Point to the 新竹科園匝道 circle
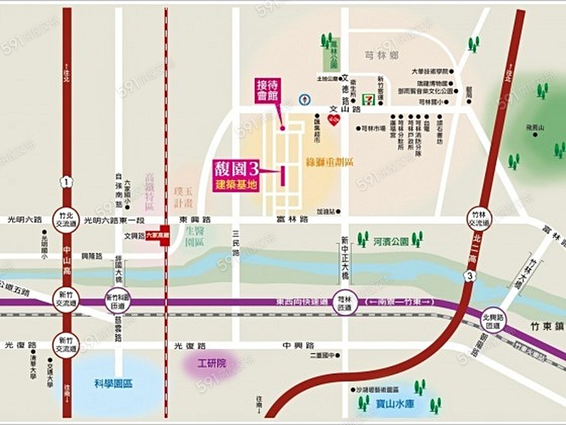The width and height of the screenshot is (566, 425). tap(117, 301)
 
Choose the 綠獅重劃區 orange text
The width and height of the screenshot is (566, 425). tap(330, 162)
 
